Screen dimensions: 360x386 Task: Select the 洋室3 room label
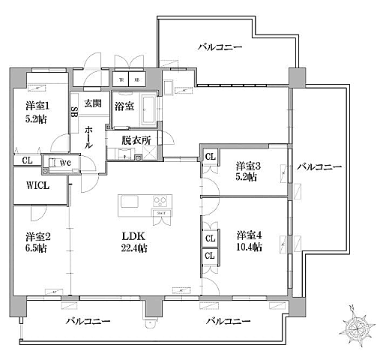(247, 166)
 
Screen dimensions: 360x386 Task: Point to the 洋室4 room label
(247, 233)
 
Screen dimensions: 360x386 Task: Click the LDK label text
(133, 233)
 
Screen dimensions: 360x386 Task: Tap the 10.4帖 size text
(248, 247)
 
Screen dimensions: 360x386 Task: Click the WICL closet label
(35, 186)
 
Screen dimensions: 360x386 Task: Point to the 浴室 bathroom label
(124, 106)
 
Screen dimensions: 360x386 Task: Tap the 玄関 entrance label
(92, 103)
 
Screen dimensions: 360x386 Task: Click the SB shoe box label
(74, 113)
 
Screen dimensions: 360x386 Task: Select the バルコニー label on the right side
(319, 166)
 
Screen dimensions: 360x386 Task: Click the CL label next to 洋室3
(210, 157)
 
